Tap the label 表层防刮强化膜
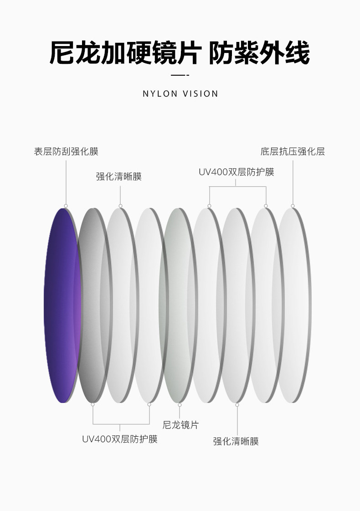66,152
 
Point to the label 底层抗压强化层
293,152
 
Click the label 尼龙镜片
180,425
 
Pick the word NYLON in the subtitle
159,94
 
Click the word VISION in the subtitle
200,94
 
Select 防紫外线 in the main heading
259,53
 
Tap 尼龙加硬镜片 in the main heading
125,53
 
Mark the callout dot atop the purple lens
66,206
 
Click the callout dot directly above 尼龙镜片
180,405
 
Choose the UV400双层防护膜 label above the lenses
236,172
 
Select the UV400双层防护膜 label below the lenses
120,439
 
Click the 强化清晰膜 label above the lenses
119,176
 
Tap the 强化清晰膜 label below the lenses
236,441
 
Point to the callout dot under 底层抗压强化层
293,206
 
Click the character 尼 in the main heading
62,53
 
